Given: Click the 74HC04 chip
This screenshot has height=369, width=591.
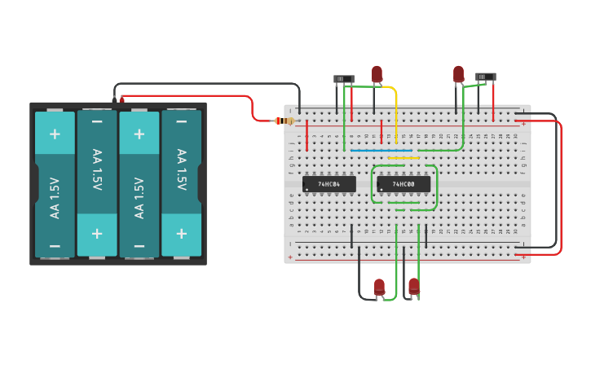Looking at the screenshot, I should coord(329,184).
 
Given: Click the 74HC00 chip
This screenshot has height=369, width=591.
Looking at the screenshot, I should coord(404,184).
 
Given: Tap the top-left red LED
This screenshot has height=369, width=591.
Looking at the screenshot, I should coord(377,74).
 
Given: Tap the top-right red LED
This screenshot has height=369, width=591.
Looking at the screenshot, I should coord(458,74).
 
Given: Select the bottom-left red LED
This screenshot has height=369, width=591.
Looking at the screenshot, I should coord(379,287).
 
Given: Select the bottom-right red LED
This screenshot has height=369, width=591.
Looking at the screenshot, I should coord(414,286).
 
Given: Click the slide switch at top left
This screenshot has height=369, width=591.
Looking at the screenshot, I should coord(344,79).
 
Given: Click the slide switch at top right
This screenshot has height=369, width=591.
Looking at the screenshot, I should coord(486,77).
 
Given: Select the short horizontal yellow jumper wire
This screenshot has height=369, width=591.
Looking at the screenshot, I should coord(404,158).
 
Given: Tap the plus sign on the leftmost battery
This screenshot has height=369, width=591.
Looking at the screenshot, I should coord(55,134).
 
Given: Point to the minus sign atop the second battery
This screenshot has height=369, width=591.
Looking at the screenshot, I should coord(97,122).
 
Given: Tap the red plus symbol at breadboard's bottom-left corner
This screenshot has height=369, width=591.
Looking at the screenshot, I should coord(289,257).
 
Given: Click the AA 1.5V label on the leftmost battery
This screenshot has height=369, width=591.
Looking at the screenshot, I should coord(55,197).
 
